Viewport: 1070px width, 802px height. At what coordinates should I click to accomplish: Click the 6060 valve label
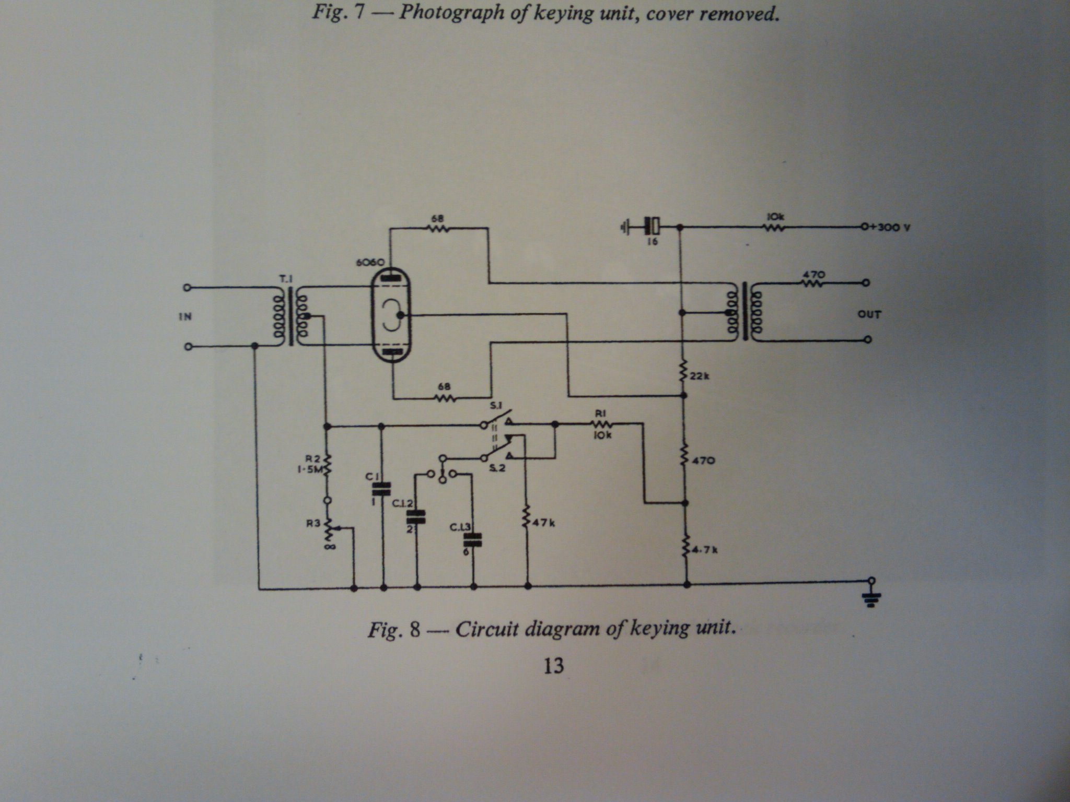tap(370, 262)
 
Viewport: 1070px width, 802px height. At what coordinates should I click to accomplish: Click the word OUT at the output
tap(869, 314)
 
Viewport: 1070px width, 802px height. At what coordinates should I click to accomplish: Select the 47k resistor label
tap(544, 523)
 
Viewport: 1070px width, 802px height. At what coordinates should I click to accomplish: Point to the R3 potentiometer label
tap(313, 523)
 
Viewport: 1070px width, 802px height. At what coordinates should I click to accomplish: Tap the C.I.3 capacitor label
tap(460, 528)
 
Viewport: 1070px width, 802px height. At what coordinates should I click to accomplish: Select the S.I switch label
tap(494, 406)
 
